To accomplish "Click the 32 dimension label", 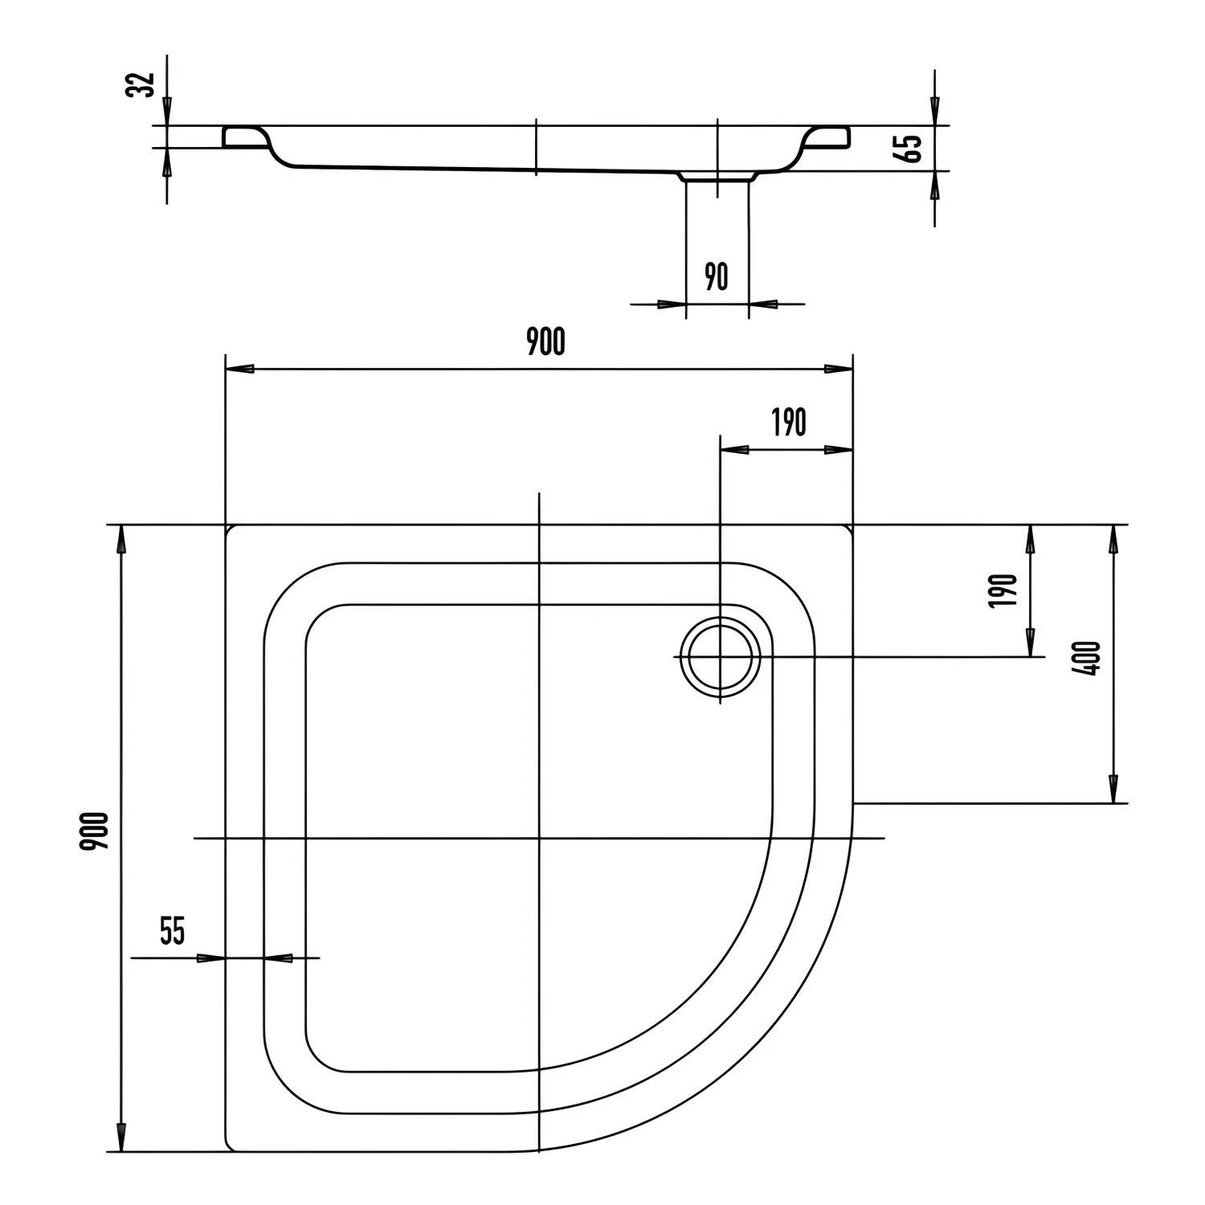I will point(142,84).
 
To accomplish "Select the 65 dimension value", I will point(913,148).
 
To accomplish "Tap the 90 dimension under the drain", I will point(716,277).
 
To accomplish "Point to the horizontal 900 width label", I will point(545,342).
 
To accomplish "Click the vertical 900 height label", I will point(96,831).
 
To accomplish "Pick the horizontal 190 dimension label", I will point(788,423).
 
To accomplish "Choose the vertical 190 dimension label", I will point(1005,590).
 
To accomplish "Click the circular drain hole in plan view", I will point(719,656).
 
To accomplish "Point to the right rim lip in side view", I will point(827,137).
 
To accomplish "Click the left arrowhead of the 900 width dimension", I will point(240,369).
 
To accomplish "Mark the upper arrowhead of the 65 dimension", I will point(934,110).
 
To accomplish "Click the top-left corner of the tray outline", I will point(227,527).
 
